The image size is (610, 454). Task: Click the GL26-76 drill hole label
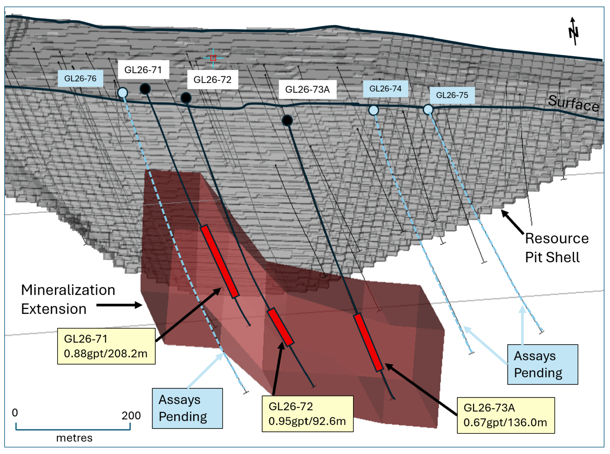pos(80,78)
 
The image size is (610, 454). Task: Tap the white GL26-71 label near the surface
pos(143,70)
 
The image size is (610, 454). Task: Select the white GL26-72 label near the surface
pos(213,80)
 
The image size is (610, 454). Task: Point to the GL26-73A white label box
pos(307,90)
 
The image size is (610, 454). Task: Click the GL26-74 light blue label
pos(385,89)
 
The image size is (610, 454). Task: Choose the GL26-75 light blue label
pos(452,95)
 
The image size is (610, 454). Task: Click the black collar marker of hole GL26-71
pos(145,89)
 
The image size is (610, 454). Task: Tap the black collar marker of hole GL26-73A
pos(287,120)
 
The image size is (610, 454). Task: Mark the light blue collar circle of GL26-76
pos(123,93)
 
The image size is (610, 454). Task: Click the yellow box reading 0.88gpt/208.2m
pos(106,346)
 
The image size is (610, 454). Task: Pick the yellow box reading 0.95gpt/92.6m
pos(307,414)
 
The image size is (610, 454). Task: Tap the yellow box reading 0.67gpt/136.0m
pos(506,416)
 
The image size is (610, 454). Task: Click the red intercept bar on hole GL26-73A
pos(368,342)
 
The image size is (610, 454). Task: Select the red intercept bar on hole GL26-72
pos(281,327)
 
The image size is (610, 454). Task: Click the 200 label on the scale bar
pos(131,416)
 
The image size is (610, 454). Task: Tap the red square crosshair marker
pos(213,58)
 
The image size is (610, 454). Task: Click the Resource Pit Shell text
pos(557,248)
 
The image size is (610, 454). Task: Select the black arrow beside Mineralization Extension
pos(119,305)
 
